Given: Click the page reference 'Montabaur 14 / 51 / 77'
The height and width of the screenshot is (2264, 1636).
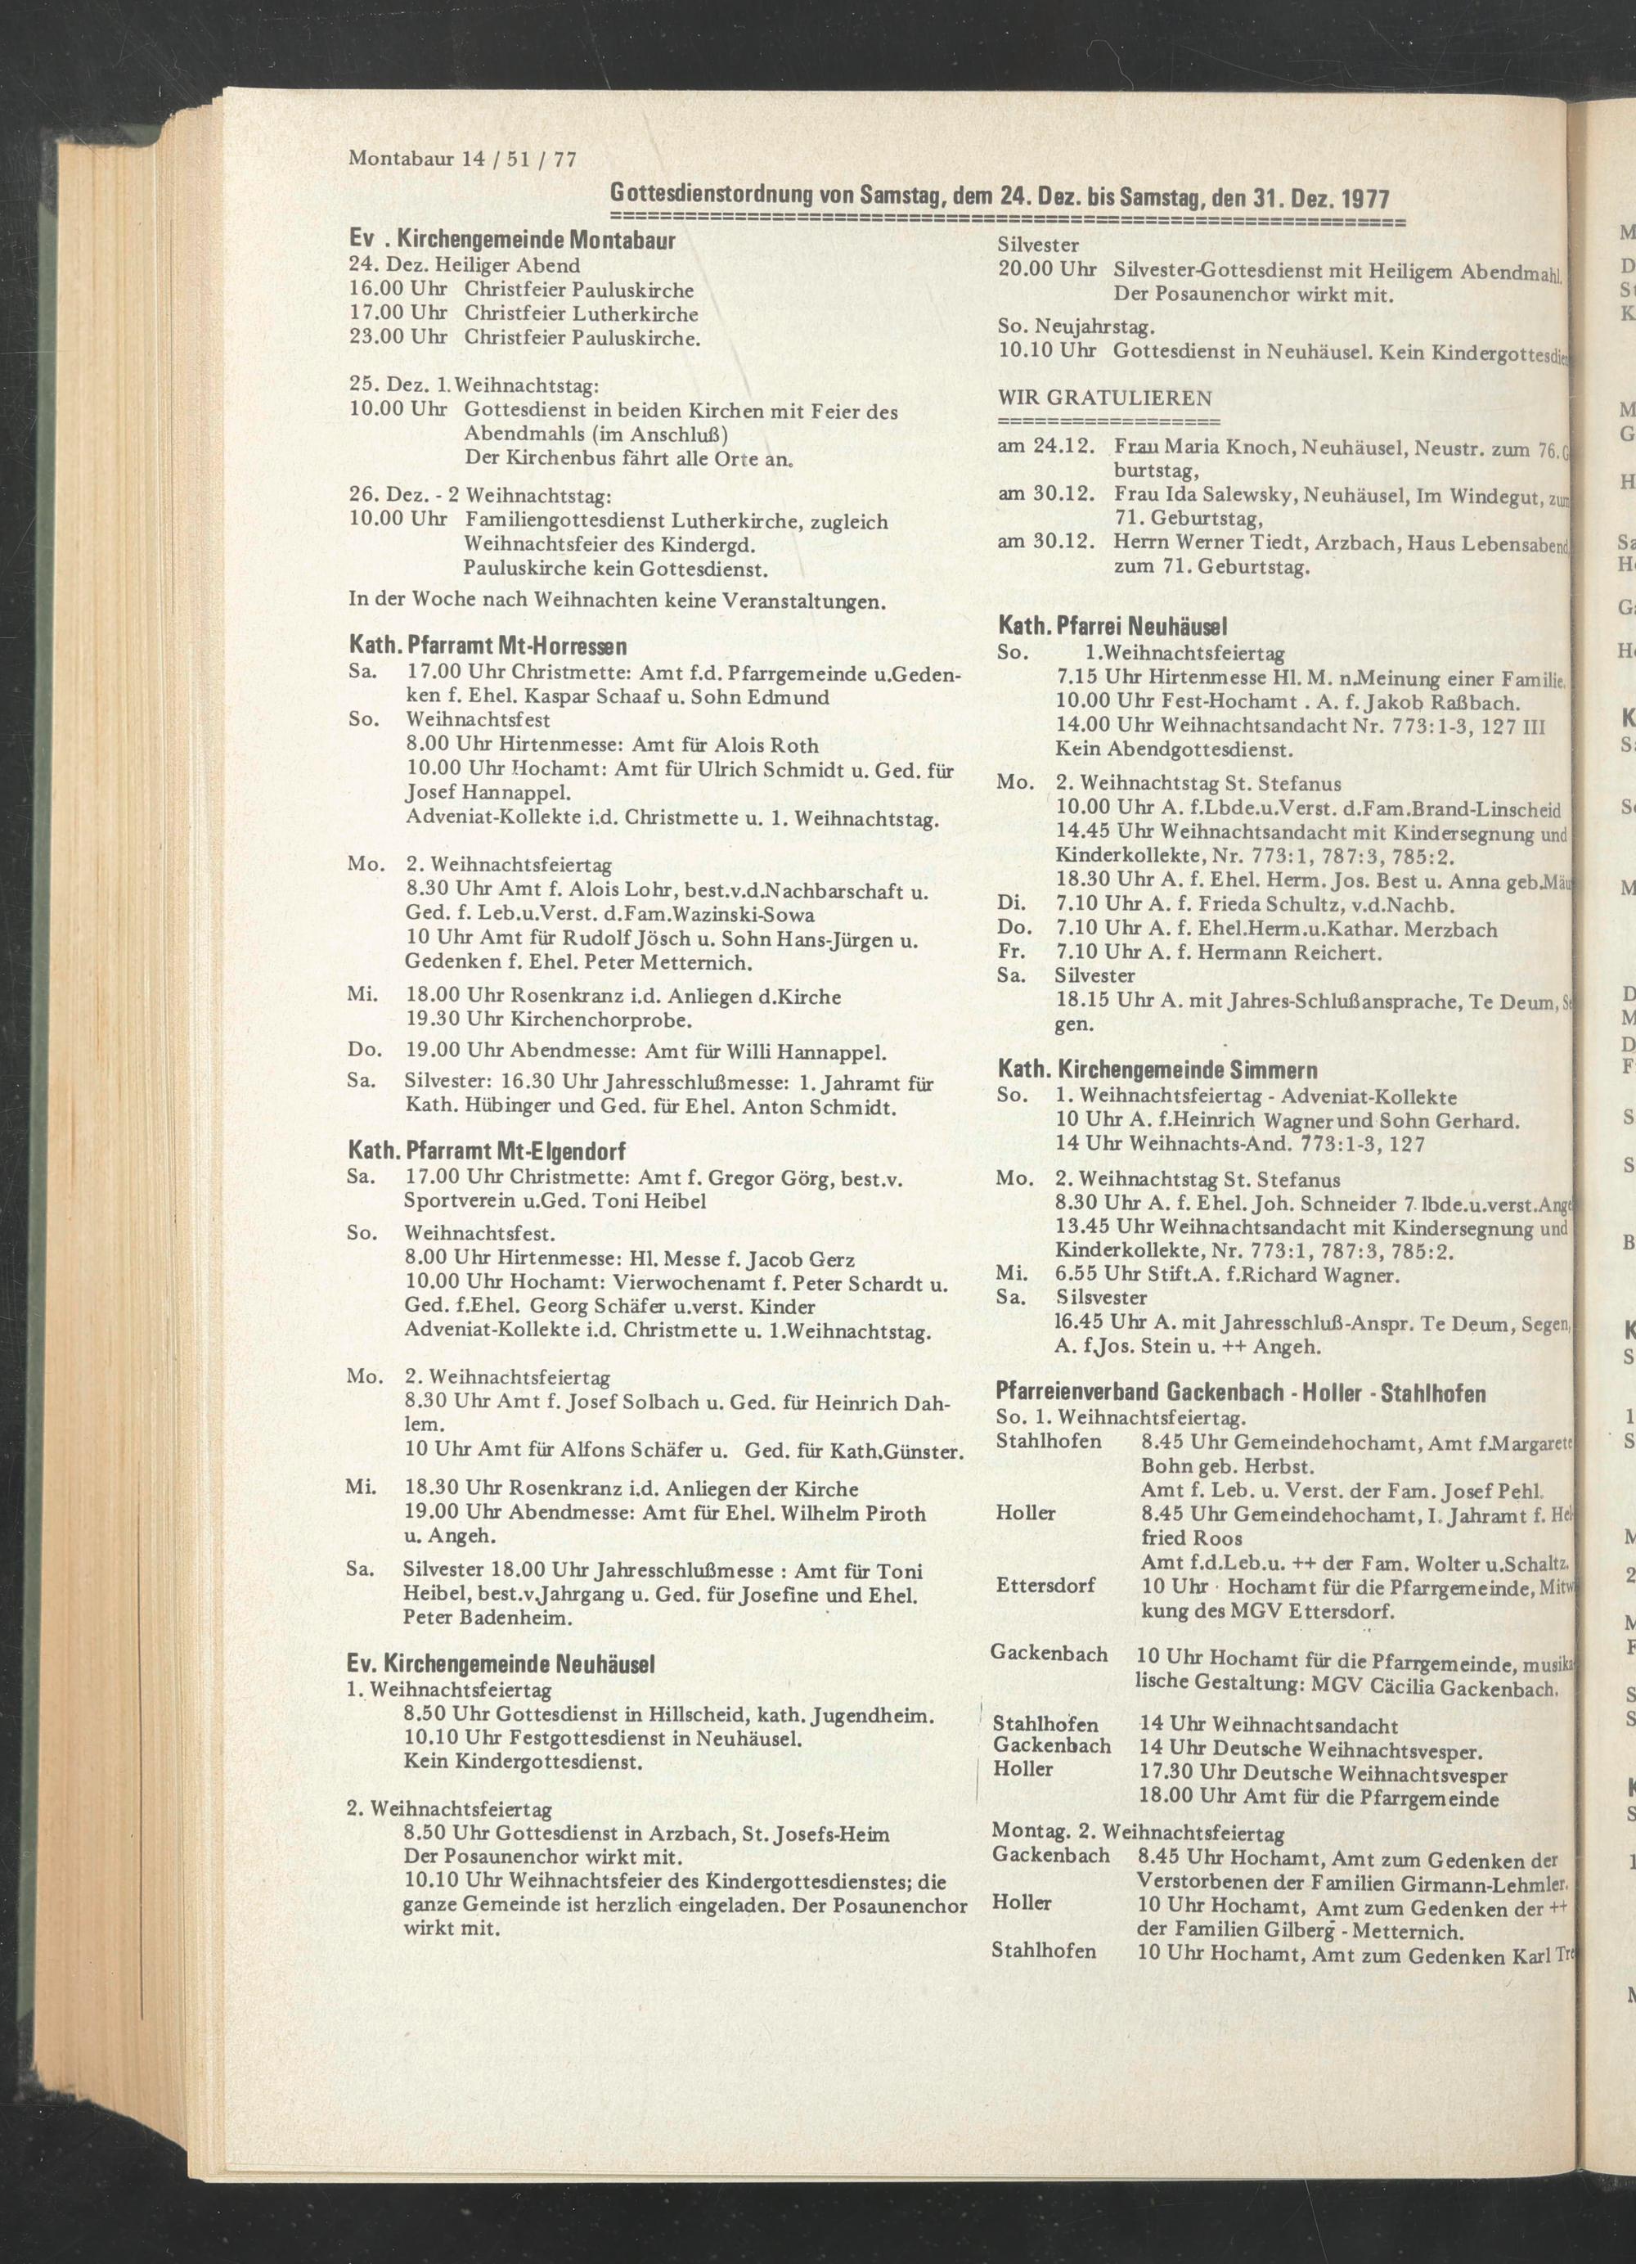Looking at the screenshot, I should [463, 159].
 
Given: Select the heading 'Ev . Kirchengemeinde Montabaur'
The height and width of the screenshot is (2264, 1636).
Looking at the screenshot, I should [513, 241].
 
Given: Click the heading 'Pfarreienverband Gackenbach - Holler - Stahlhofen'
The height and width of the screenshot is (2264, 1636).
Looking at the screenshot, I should [1241, 1393].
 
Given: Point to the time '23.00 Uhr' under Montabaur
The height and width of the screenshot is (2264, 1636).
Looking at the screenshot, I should [398, 337].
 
